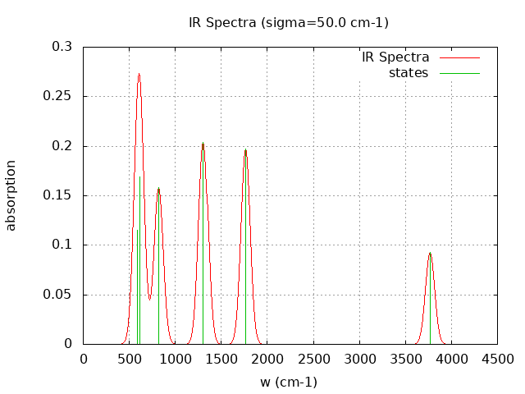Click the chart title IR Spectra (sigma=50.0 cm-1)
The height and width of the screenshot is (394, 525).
tap(289, 22)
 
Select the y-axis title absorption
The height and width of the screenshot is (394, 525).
tap(11, 195)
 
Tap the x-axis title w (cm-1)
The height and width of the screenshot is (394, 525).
tap(289, 382)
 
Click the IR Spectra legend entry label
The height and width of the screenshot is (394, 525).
tap(395, 57)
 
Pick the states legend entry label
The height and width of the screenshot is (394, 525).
tap(409, 73)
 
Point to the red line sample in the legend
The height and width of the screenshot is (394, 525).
tap(459, 57)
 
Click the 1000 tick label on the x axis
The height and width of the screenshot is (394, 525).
tap(176, 359)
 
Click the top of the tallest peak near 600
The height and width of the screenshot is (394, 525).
tap(139, 74)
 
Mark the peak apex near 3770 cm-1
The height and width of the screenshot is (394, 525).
tap(430, 253)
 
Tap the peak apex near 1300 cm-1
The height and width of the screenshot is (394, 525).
tap(203, 144)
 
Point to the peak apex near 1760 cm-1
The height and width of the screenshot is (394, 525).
tap(245, 150)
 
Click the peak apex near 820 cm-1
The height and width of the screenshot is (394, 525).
tap(158, 188)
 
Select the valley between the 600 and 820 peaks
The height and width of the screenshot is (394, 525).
tap(149, 300)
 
